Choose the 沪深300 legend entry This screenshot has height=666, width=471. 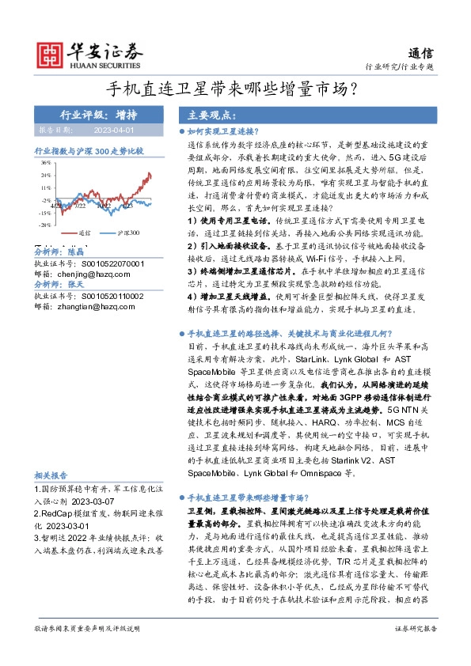click(127, 233)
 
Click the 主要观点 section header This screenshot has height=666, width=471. click(205, 113)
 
